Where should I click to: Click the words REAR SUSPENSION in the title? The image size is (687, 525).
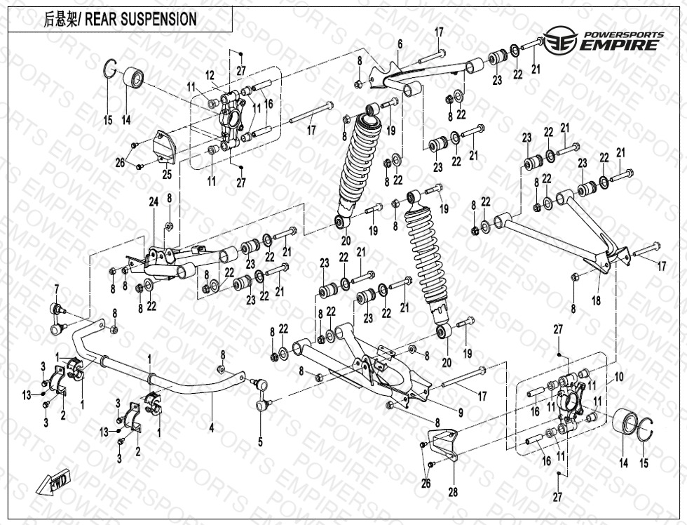(x=140, y=19)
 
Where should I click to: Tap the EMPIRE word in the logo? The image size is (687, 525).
(x=619, y=46)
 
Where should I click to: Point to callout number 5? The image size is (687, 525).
(x=260, y=441)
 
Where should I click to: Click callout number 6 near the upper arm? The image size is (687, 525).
(x=400, y=44)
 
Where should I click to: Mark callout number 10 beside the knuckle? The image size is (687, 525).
(x=618, y=377)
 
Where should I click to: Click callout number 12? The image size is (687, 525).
(x=209, y=75)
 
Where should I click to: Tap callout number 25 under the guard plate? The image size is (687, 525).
(x=166, y=173)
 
